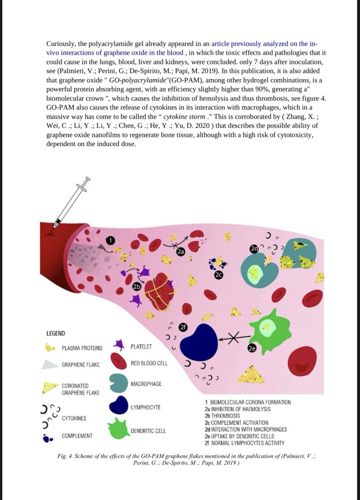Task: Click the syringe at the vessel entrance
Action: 72,200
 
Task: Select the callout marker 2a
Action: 181,252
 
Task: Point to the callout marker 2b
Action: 136,287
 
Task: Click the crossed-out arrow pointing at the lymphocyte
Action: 235,340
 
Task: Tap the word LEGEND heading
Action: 55,333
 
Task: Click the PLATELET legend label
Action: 141,347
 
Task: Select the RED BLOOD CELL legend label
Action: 149,363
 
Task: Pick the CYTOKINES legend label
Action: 75,418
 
